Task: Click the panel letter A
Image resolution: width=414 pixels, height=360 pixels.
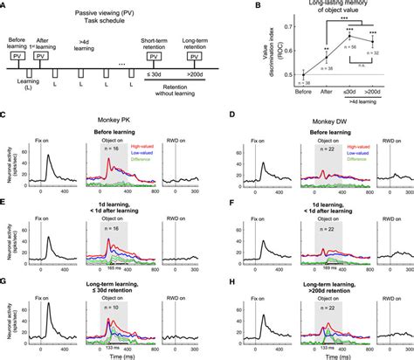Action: click(5, 5)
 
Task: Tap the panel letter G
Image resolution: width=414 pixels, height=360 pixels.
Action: click(5, 281)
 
